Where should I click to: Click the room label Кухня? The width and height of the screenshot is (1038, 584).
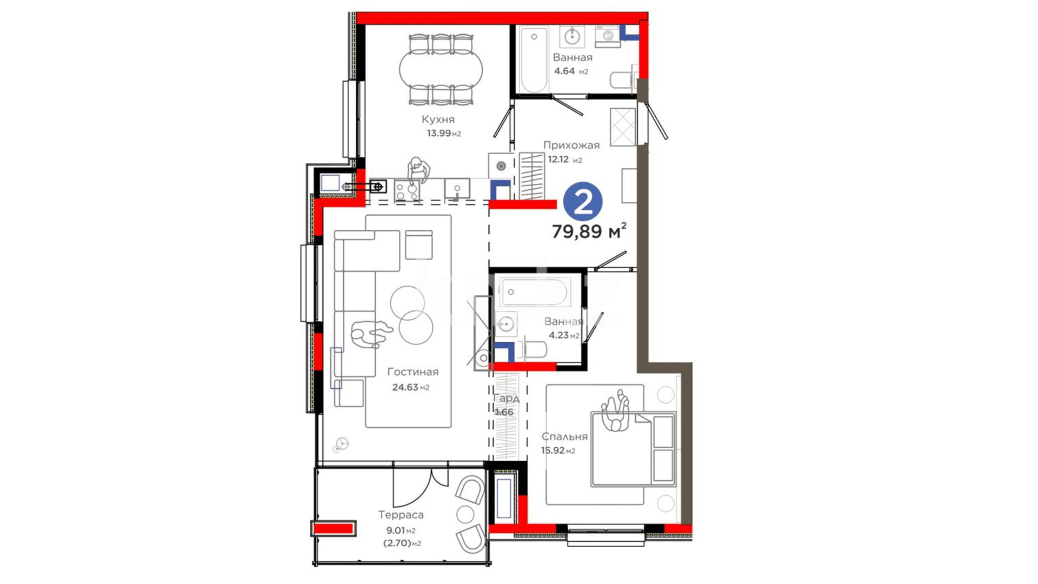438,120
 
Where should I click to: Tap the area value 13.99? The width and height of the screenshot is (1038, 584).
439,133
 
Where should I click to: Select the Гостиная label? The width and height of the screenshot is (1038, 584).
412,372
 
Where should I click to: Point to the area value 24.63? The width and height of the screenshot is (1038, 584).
405,387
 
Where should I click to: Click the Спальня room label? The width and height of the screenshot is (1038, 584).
564,437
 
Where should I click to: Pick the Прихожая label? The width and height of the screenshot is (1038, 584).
571,145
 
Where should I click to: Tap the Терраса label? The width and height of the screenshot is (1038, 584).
401,515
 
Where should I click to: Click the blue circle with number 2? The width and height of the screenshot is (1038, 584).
583,202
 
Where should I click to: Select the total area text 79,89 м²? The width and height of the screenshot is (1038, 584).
589,231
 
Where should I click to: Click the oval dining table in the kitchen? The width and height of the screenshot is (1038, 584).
441,70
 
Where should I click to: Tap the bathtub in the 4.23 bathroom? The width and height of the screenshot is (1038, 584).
534,292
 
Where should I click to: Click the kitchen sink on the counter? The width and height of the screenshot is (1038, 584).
457,190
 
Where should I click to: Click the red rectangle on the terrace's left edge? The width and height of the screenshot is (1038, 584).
333,528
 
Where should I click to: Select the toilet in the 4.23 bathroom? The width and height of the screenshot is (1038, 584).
533,350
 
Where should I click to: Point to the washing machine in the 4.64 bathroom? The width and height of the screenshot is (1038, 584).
608,36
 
